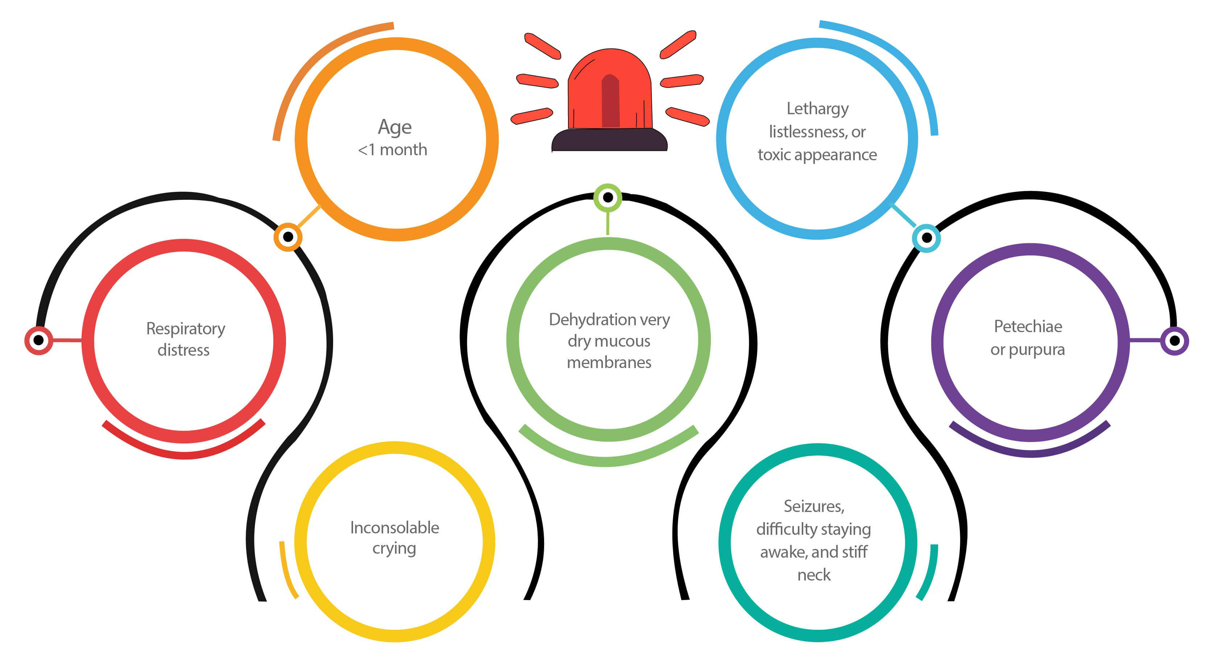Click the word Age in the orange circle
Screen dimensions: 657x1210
(x=394, y=127)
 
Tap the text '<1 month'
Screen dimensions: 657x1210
(x=393, y=150)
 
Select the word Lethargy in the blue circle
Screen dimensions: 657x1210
(x=817, y=109)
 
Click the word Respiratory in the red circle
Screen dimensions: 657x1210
(x=186, y=328)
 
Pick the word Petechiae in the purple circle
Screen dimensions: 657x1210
(x=1028, y=327)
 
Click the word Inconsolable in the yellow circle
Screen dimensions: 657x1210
(x=394, y=528)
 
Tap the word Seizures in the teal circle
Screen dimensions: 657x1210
(x=813, y=506)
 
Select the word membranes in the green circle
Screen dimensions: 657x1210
(x=609, y=362)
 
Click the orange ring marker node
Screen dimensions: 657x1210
(x=288, y=237)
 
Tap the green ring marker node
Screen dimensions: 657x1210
(x=608, y=197)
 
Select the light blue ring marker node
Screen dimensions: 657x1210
(x=926, y=238)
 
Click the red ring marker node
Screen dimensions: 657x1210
(x=39, y=340)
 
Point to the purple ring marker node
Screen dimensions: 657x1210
(x=1174, y=341)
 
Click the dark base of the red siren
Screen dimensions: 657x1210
(x=609, y=141)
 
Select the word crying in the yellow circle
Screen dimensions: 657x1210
(x=394, y=549)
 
